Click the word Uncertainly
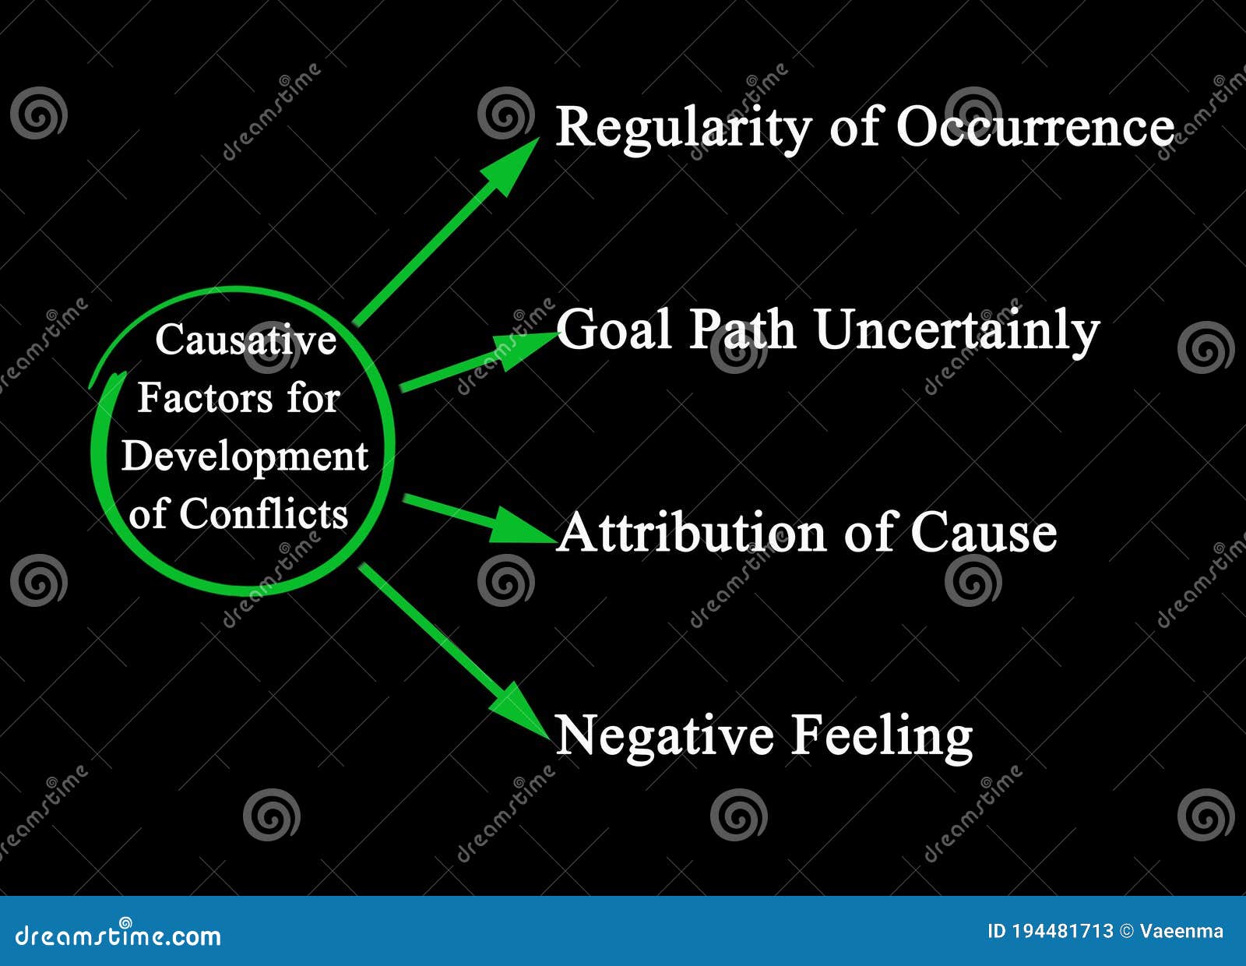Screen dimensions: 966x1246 [x=957, y=330]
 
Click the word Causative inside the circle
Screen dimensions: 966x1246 [x=245, y=340]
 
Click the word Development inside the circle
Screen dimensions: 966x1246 [x=245, y=457]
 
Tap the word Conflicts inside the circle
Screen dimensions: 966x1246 [x=263, y=514]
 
